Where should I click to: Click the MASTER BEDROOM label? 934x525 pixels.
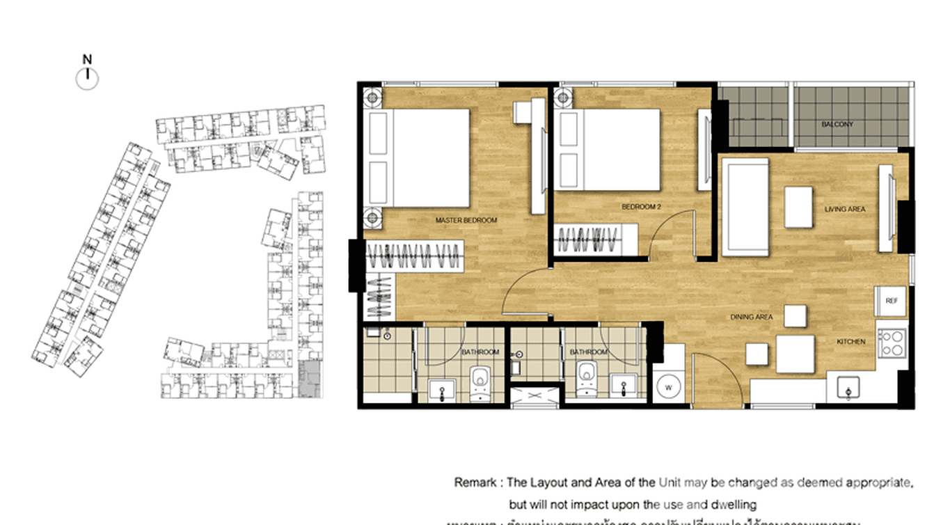pos(466,221)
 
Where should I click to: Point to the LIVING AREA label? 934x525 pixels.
pos(845,209)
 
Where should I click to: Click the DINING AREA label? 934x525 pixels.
pos(752,318)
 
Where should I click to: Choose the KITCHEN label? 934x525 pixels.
pos(850,342)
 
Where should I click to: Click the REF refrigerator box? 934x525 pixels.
pos(891,301)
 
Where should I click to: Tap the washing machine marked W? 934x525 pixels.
pos(668,385)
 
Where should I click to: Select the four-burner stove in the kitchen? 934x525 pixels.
pos(891,343)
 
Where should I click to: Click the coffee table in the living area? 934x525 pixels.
pos(798,207)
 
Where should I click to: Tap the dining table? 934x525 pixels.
pos(795,354)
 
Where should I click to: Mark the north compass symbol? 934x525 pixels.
pos(87,79)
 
